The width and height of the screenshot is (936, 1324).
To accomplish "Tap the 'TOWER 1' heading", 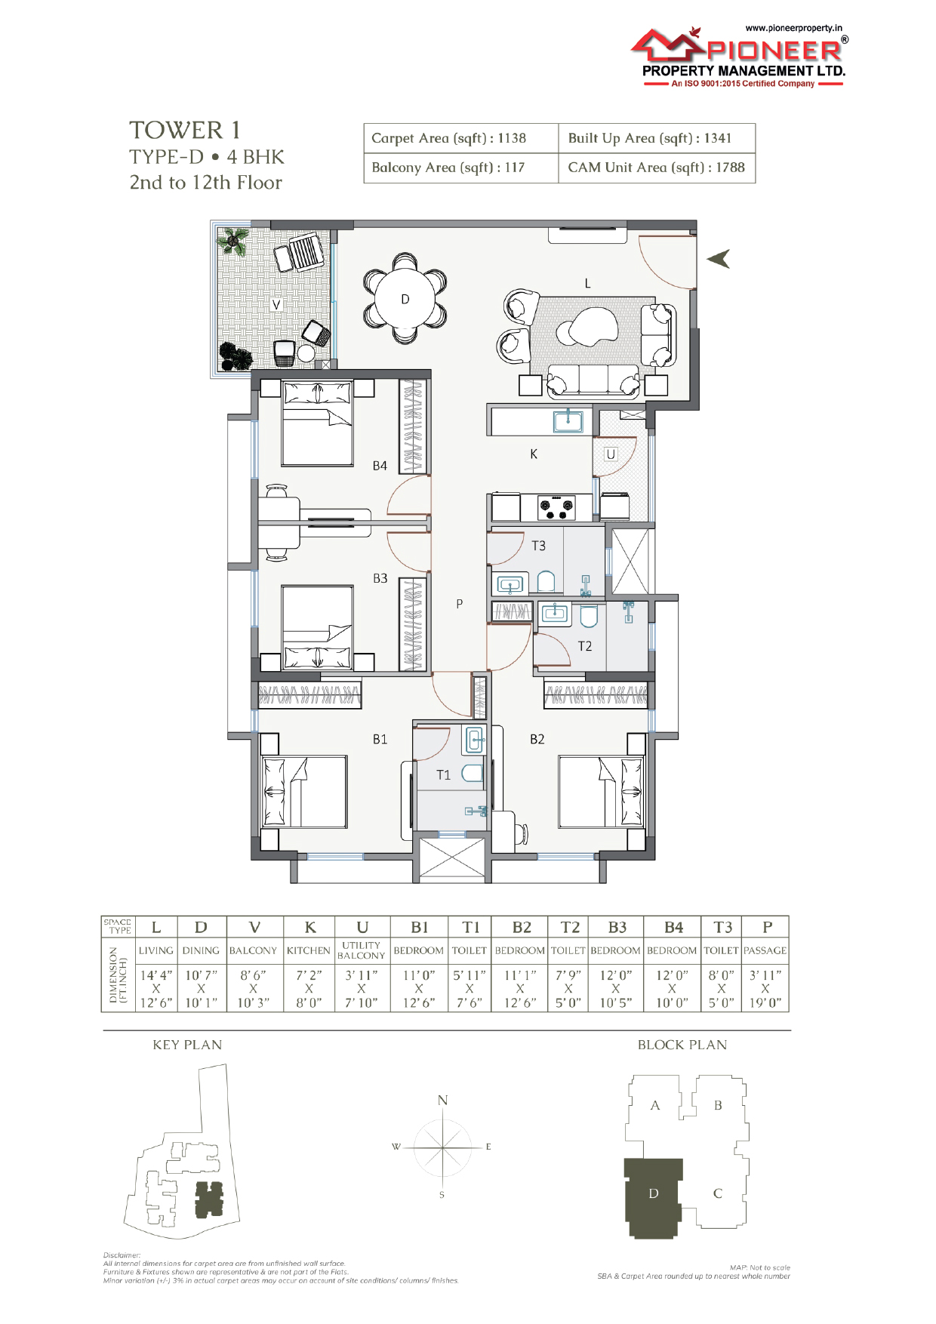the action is point(185,131).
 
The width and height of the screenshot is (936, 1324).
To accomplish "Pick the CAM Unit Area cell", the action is point(657,168).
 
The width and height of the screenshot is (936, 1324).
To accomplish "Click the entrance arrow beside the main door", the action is point(719,259).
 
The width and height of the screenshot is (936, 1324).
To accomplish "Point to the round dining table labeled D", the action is point(405,299).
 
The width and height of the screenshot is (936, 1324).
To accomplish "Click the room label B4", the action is point(380,466).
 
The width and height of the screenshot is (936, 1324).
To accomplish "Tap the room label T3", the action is point(538,545).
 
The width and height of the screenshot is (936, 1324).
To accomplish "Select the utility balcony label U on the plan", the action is point(611,454).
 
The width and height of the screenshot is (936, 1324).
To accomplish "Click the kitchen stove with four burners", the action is point(556,507).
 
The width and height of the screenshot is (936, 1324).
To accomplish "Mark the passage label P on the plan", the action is point(459,604).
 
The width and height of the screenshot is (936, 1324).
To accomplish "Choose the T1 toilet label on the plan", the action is point(443,774).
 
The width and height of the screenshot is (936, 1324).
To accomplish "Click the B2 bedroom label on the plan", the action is point(537,739).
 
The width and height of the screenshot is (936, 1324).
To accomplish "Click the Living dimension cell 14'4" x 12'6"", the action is point(156,989).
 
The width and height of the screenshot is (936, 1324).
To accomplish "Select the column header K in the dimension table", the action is point(309,927).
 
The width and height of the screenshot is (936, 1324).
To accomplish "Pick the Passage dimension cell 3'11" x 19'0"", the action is point(765,989).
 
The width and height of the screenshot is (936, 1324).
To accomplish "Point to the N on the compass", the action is point(443,1100).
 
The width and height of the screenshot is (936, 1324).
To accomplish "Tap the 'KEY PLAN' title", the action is point(187,1045).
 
